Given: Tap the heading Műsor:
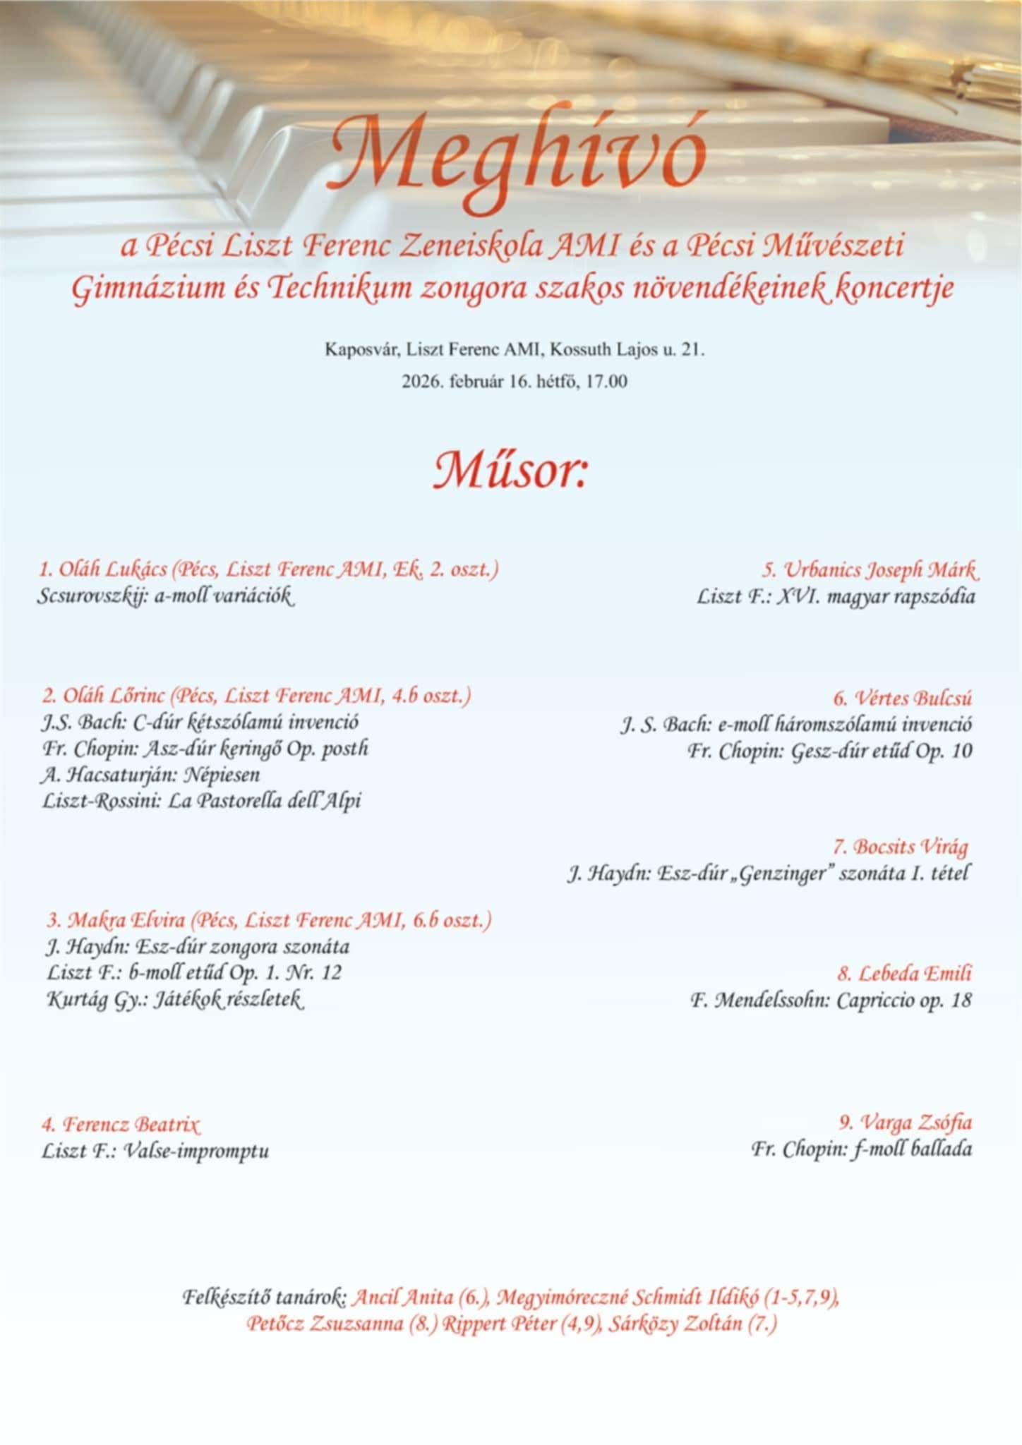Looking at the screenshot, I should tap(510, 471).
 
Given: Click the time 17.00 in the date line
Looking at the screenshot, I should tap(606, 382).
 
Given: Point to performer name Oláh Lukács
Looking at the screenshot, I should tap(112, 569).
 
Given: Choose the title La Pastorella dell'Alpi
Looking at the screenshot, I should tap(265, 802).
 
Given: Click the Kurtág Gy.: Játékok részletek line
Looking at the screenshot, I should tap(175, 1000).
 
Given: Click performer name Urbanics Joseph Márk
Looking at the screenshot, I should tap(881, 569).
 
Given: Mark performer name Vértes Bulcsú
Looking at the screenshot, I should tap(913, 699).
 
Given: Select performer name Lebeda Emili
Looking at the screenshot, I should tap(914, 974).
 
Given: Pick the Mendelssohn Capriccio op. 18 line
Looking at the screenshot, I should tap(831, 1000).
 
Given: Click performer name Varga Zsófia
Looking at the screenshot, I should tap(915, 1123).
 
